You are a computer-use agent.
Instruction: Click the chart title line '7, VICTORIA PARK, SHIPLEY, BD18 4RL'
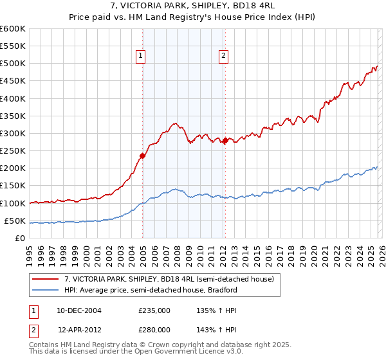(192, 6)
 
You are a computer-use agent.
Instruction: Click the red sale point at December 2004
(142, 156)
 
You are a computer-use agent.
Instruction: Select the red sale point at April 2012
(225, 140)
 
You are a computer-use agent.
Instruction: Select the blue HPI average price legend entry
(151, 290)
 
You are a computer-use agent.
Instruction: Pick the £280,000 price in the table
(154, 330)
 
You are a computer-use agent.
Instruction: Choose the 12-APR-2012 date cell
(79, 330)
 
